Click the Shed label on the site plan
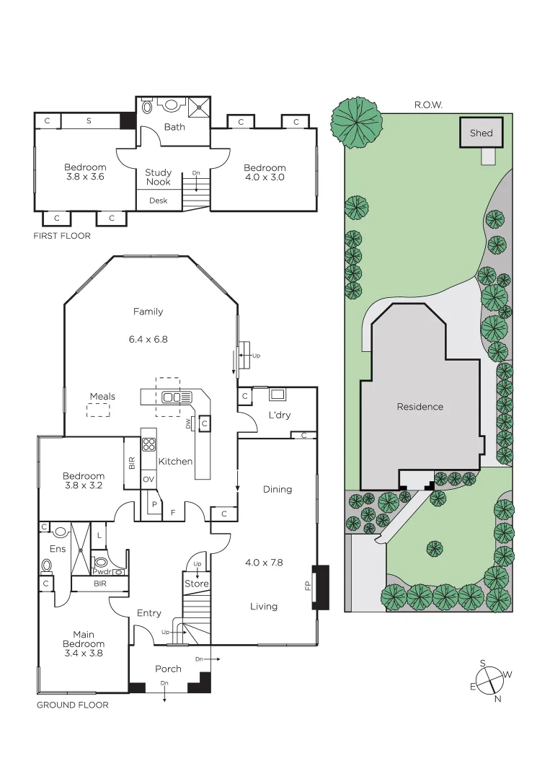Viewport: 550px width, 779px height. pos(481,133)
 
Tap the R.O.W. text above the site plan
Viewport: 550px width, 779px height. pos(428,105)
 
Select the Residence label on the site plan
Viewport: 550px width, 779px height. pos(420,407)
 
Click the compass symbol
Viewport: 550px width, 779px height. pos(490,679)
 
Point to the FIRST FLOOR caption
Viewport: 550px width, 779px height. pos(62,236)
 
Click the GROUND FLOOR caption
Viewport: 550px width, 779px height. pos(72,705)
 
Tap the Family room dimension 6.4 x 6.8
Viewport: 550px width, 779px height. pos(148,339)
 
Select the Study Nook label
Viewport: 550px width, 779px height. pos(158,177)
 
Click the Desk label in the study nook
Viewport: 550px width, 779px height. pos(158,201)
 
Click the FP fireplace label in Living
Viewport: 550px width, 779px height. pos(308,586)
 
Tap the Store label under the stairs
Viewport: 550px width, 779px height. pos(196,584)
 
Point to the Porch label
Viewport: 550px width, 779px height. pos(168,669)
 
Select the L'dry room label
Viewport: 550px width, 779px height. pos(279,415)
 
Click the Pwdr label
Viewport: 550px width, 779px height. pos(101,572)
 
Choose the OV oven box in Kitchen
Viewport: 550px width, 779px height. pos(148,479)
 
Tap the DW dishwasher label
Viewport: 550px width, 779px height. pos(189,425)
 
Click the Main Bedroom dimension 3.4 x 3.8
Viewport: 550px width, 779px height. pos(84,653)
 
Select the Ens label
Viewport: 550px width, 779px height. pos(58,549)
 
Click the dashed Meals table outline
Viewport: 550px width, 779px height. pos(99,410)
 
